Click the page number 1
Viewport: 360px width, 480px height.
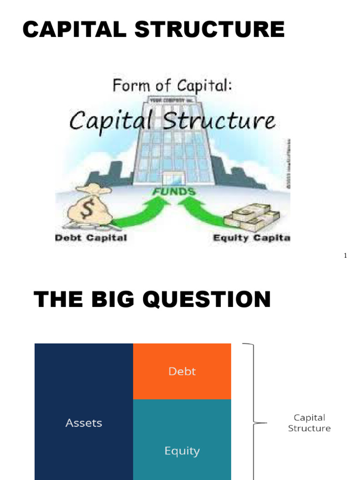click(x=345, y=256)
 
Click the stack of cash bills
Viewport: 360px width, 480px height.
click(x=252, y=216)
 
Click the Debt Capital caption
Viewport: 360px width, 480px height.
click(x=91, y=238)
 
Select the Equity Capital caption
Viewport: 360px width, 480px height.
click(x=251, y=238)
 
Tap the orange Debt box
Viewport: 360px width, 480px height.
click(x=182, y=371)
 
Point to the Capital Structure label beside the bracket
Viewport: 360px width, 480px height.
click(x=309, y=423)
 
